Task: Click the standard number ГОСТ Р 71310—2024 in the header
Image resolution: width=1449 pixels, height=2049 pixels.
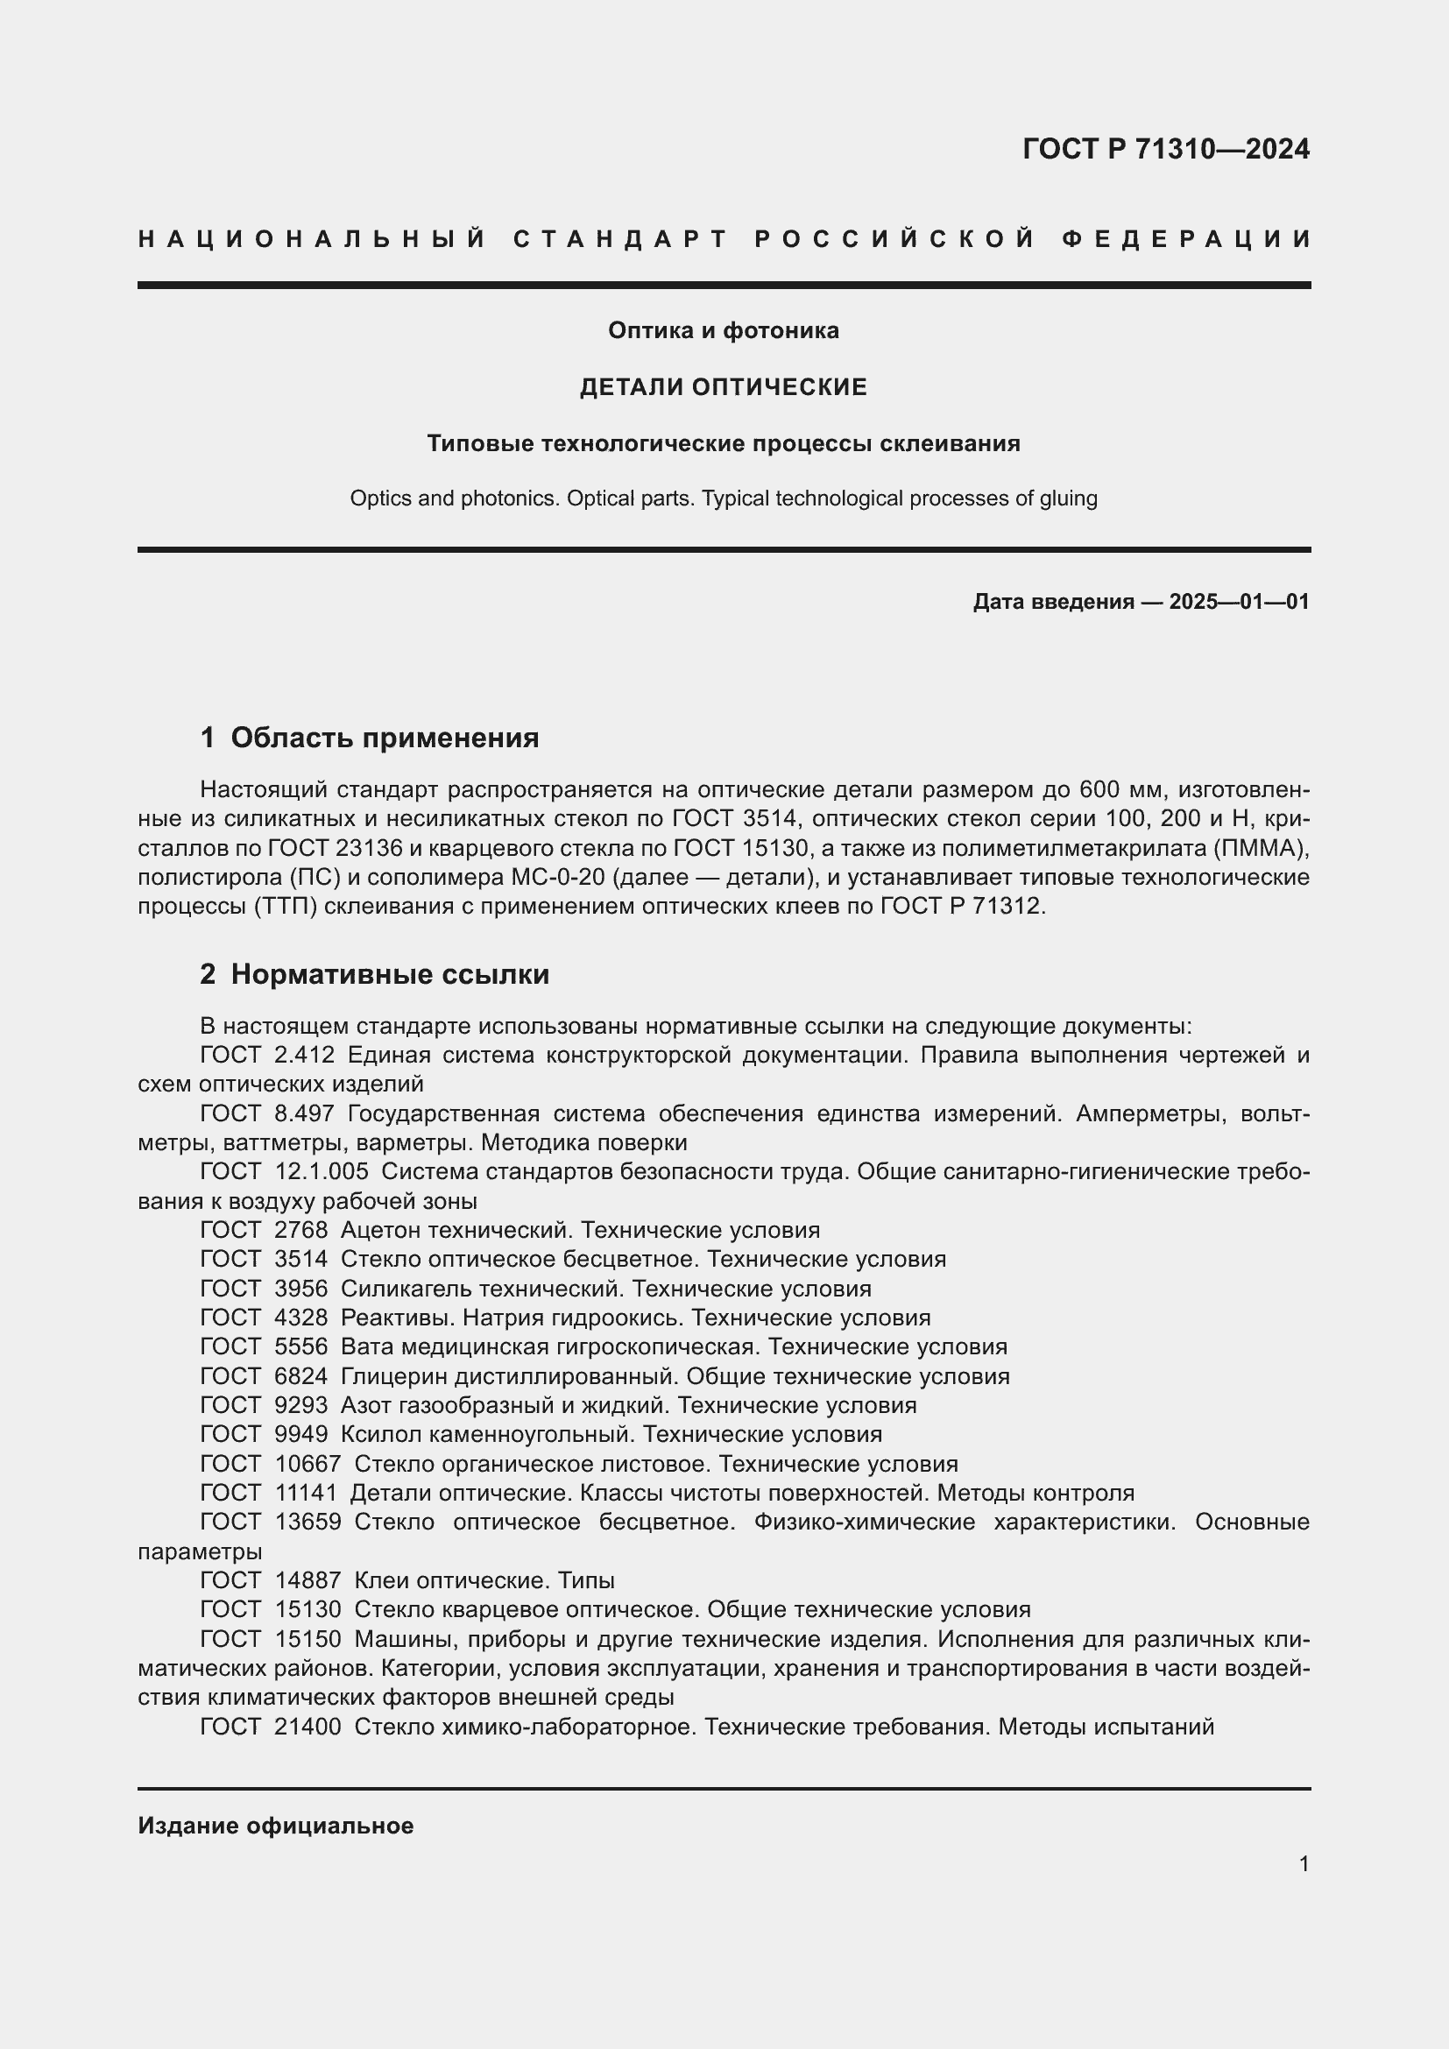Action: click(x=1165, y=149)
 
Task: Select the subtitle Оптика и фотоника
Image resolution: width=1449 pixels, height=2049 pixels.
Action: click(x=724, y=331)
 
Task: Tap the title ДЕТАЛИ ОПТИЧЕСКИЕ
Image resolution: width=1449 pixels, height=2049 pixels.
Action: click(x=724, y=387)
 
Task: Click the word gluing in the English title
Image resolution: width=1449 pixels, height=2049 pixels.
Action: click(x=1068, y=498)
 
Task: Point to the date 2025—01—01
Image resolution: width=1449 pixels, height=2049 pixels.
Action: click(x=1239, y=602)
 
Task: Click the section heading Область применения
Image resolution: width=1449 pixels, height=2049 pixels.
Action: click(x=385, y=737)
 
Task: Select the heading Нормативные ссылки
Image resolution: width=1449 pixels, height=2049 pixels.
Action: click(x=390, y=973)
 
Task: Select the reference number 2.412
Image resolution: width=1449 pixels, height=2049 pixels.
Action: click(x=304, y=1055)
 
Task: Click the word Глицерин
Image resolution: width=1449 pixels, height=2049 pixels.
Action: click(x=390, y=1376)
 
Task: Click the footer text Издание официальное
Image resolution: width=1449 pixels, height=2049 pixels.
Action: click(x=276, y=1825)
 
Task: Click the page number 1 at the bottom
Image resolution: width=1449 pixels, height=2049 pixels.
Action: click(x=1304, y=1863)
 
